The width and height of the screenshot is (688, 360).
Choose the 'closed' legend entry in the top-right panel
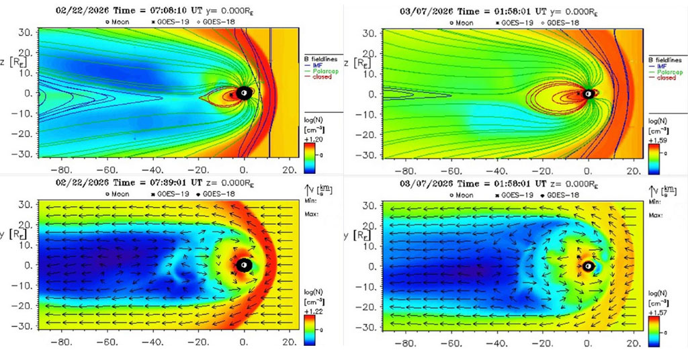666,78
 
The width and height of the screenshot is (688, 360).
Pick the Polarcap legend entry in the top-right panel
669,72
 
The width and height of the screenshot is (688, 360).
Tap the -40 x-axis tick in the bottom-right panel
497,343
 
